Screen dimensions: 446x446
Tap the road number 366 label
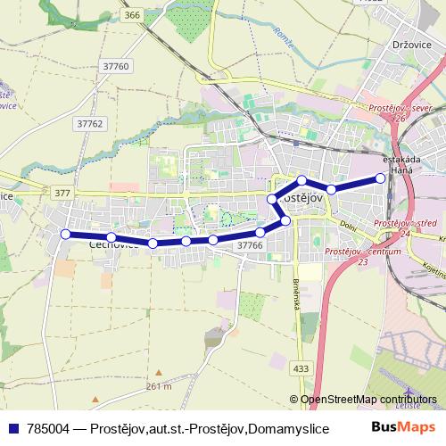click(x=132, y=15)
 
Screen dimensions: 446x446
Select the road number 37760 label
click(x=116, y=66)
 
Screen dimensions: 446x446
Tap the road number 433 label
click(x=301, y=368)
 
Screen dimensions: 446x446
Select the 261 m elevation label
click(x=158, y=385)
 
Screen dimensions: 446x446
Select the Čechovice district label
click(x=112, y=242)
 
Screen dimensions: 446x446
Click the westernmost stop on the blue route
click(x=65, y=234)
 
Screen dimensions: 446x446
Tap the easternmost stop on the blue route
click(x=381, y=178)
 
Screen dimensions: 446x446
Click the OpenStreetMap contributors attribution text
click(x=369, y=401)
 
